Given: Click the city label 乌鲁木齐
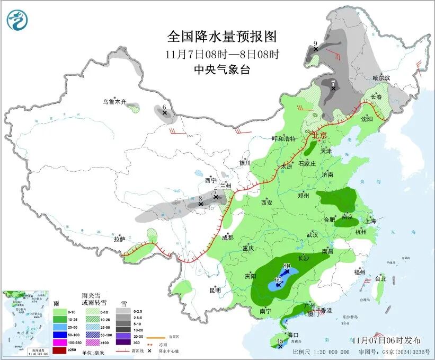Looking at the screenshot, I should (115, 101).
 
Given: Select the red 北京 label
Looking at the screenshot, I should (319, 135).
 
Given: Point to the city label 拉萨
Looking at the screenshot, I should (119, 239).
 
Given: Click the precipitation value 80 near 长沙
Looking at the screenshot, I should (287, 266).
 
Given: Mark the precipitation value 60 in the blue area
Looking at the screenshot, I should (278, 279).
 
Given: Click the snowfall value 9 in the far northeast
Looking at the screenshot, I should (315, 43).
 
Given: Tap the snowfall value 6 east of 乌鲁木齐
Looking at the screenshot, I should (164, 107).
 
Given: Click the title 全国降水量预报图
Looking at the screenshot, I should (222, 36).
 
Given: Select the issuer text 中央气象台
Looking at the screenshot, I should (222, 69).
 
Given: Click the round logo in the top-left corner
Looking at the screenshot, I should (17, 20).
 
